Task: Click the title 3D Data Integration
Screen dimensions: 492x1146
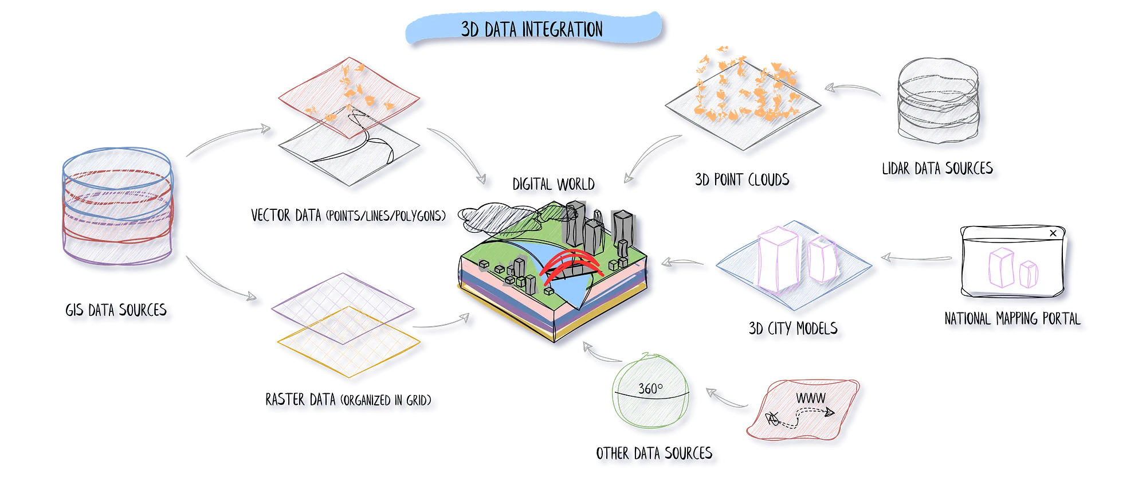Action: [532, 29]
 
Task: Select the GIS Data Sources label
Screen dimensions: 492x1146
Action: [120, 312]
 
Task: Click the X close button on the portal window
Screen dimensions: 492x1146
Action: [1053, 233]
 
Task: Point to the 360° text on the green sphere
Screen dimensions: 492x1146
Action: [650, 389]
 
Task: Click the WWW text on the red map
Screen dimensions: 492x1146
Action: [810, 398]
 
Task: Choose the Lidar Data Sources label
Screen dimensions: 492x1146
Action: [939, 170]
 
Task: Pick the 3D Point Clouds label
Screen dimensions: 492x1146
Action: [745, 182]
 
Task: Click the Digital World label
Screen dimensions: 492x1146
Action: [556, 185]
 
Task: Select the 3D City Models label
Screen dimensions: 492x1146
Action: [797, 331]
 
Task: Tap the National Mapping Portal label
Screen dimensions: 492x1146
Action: [1014, 320]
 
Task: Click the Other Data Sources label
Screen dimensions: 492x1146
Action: [656, 455]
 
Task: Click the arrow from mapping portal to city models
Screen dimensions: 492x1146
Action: [917, 259]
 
